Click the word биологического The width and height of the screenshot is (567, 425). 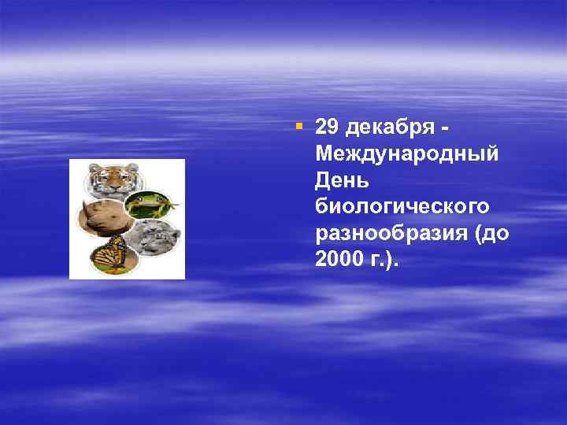pos(402,206)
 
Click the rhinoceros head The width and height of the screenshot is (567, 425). pos(102,216)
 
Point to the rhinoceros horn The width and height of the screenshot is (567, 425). pos(84,206)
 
